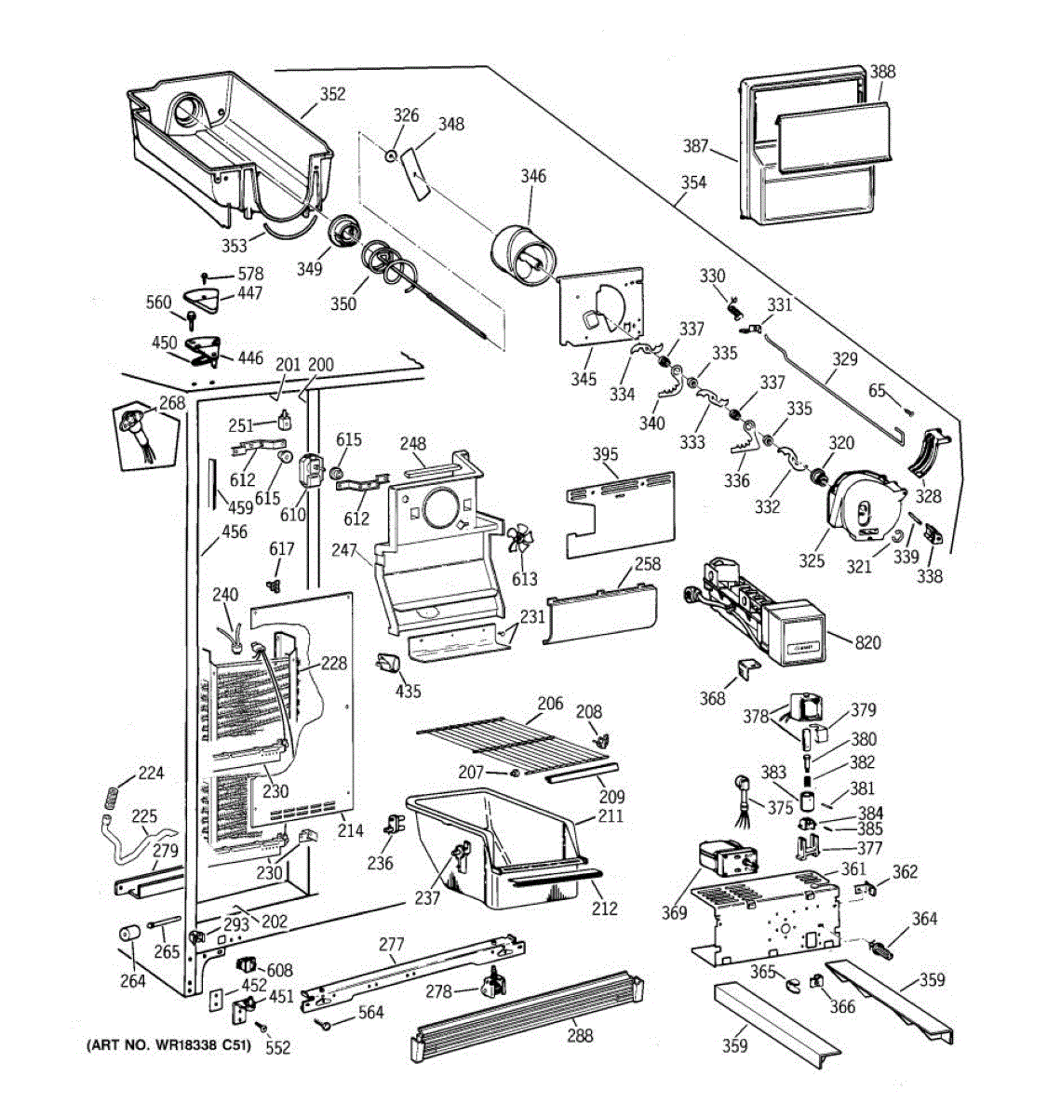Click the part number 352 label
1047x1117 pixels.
point(332,94)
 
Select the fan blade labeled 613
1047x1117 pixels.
point(521,543)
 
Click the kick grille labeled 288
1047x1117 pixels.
point(526,1011)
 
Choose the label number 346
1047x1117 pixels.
point(533,176)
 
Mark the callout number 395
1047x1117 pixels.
point(605,455)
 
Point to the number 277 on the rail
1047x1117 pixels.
point(391,945)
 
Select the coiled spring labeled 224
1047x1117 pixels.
point(110,796)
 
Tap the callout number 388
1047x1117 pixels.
point(882,72)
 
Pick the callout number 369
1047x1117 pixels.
point(674,913)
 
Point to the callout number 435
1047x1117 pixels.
point(408,691)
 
